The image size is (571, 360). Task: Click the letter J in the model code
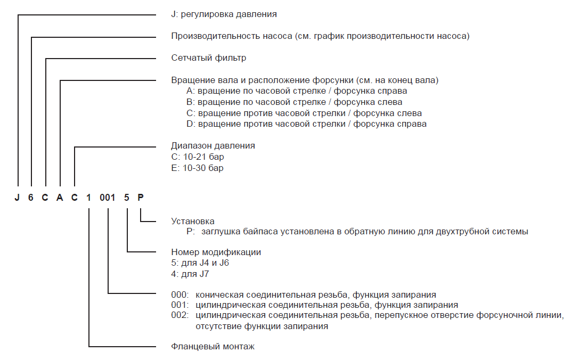pos(18,198)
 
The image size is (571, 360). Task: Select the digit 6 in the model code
pos(31,198)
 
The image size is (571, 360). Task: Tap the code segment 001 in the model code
pos(108,198)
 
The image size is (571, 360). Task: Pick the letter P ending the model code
pos(141,198)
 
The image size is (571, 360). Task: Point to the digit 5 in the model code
pos(126,198)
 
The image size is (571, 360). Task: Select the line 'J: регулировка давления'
pos(224,14)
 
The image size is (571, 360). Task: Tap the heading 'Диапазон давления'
pos(213,145)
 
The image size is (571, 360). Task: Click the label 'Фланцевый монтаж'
pos(213,347)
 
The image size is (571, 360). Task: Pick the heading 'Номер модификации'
pos(216,252)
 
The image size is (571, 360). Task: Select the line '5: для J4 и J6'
pos(200,263)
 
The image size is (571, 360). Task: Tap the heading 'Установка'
pos(192,220)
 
